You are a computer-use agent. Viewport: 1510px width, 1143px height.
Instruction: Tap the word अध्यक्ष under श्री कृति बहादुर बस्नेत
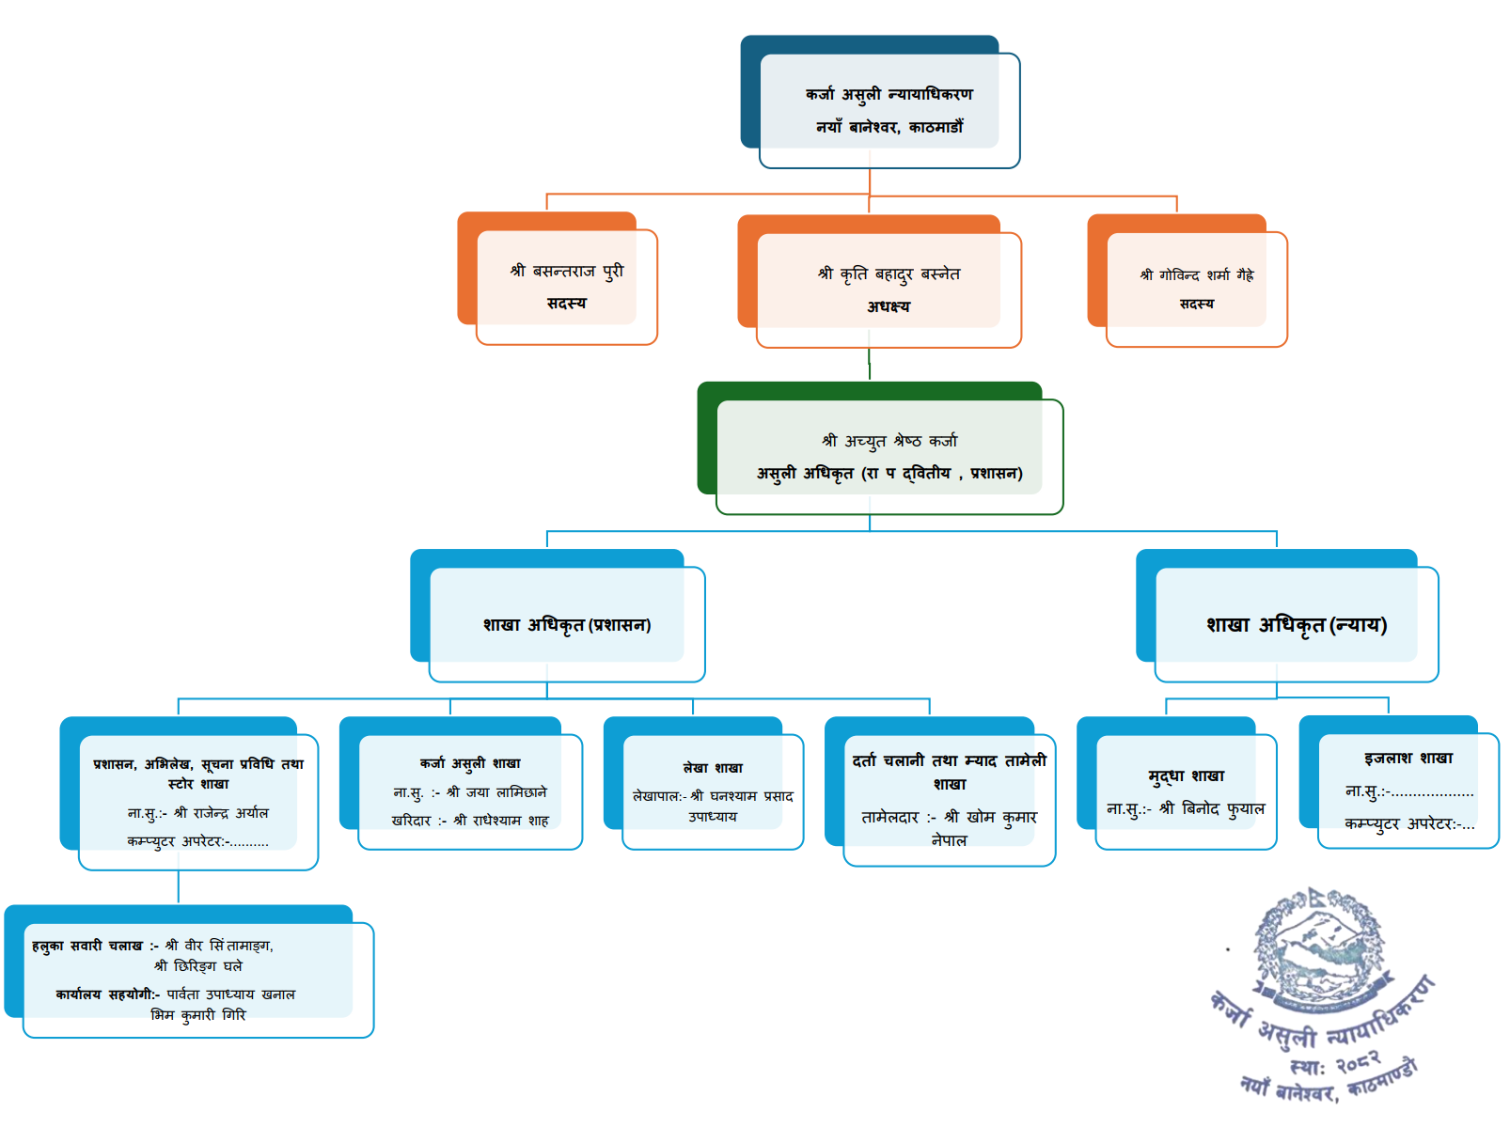point(889,306)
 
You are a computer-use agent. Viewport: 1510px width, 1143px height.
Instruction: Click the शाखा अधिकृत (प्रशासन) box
point(566,624)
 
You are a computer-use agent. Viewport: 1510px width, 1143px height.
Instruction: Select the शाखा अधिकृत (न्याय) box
point(1296,624)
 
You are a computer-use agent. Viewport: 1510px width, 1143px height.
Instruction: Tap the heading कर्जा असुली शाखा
point(470,763)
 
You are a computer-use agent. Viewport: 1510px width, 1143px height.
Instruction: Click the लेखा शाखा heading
point(713,768)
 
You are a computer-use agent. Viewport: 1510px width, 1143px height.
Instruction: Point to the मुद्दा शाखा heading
point(1186,775)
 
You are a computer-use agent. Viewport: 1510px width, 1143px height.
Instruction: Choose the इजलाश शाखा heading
point(1408,758)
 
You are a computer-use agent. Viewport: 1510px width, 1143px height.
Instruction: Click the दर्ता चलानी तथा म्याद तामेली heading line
point(949,760)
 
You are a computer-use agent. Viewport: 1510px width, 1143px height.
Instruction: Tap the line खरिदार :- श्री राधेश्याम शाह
point(470,821)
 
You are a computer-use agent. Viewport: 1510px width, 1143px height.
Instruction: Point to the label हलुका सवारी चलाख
point(87,946)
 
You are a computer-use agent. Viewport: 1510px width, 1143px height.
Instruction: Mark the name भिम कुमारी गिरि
point(198,1015)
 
